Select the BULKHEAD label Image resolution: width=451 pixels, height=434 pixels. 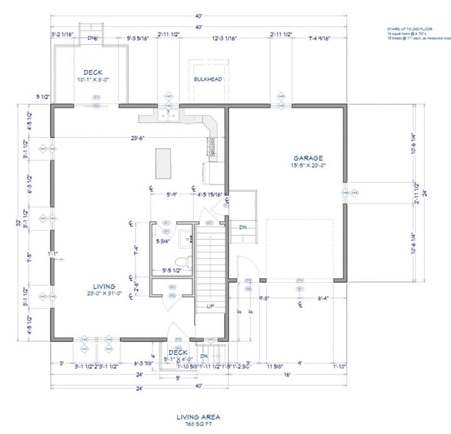208,79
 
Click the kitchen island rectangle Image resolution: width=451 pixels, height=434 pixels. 165,163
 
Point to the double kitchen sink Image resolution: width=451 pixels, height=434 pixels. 167,116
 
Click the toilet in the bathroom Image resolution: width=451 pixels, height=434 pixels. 182,259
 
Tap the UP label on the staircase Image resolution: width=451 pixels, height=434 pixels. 211,306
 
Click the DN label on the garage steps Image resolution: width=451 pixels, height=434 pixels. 243,227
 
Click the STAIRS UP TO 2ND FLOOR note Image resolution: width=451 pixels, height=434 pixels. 410,29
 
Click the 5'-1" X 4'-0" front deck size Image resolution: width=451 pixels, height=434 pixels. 178,359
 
